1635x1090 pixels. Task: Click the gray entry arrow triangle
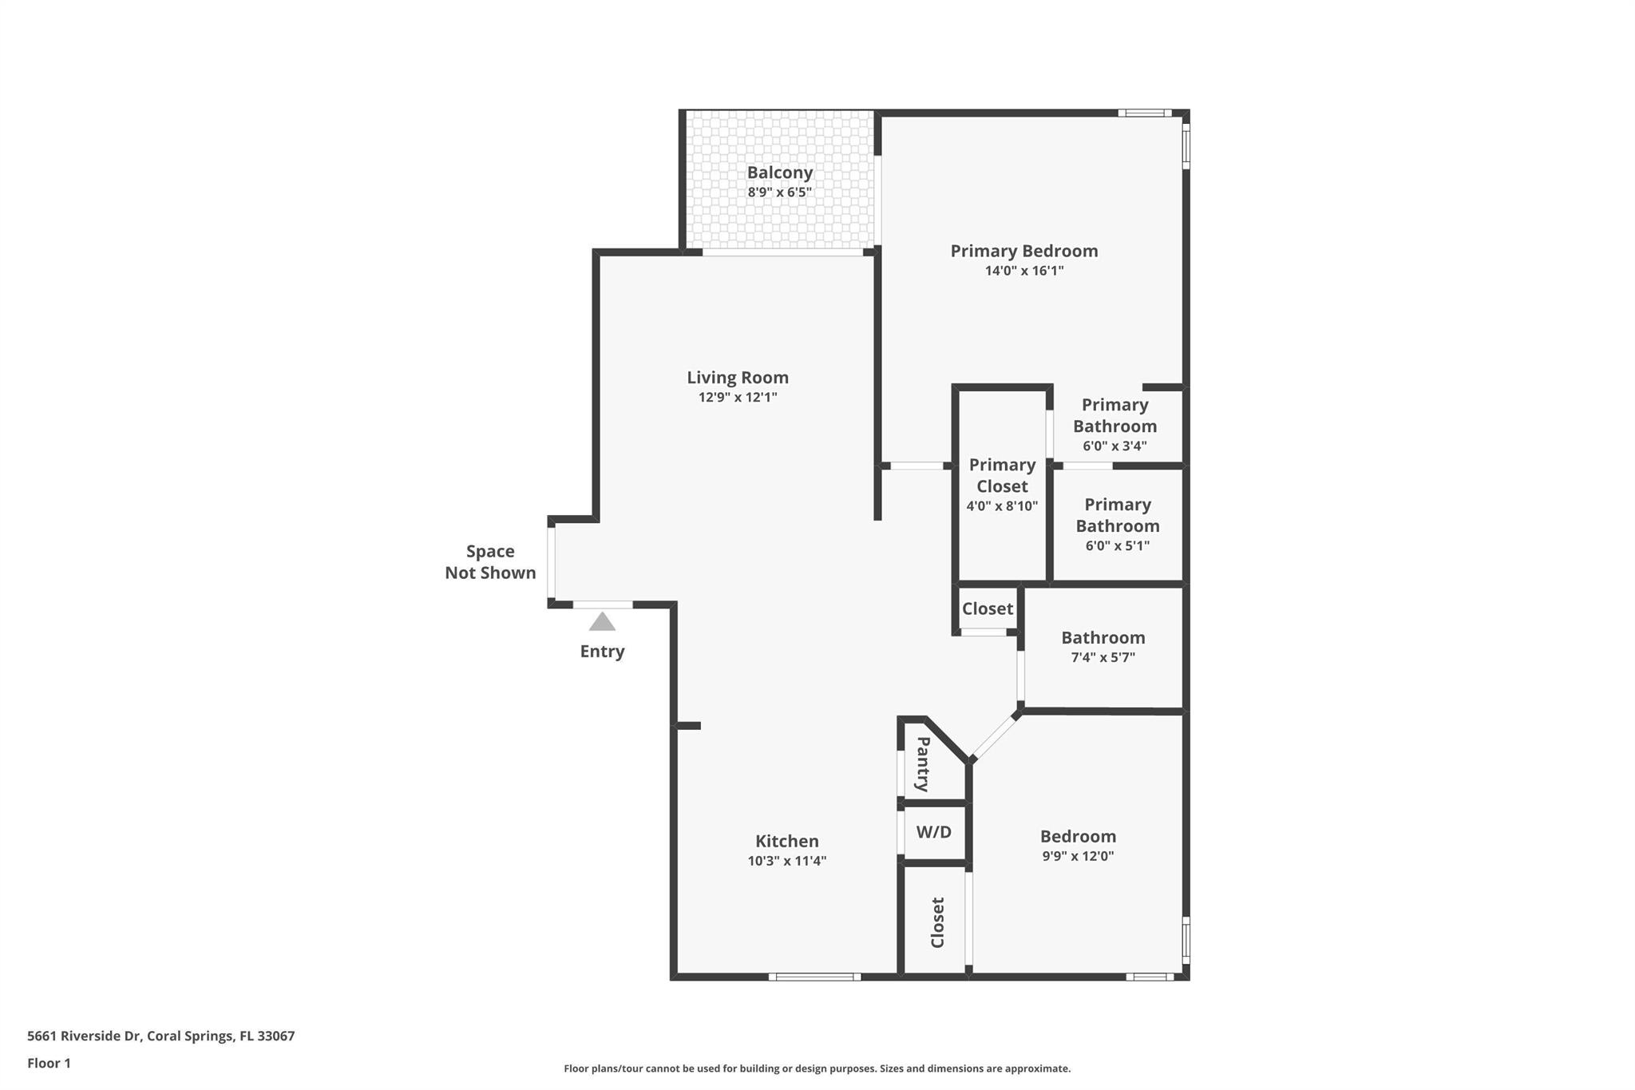tap(602, 621)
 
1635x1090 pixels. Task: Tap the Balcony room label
tap(780, 172)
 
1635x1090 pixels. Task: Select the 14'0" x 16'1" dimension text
tap(1024, 271)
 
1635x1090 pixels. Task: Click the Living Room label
tap(738, 378)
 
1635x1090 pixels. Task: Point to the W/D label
tap(933, 832)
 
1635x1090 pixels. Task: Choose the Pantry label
tap(923, 764)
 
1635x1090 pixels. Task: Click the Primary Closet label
tap(1002, 475)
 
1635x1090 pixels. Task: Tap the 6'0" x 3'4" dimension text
tap(1114, 446)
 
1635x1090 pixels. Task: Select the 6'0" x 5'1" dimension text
tap(1117, 545)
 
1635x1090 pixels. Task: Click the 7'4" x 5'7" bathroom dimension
tap(1103, 657)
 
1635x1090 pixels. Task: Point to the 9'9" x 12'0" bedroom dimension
tap(1078, 856)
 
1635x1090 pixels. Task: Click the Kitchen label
tap(787, 841)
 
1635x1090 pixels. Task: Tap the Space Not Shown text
tap(490, 562)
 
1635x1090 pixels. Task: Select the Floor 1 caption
tap(49, 1063)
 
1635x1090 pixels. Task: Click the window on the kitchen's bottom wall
tap(814, 977)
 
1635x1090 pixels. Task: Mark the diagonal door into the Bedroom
tap(995, 735)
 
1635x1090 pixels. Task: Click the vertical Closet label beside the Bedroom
tap(938, 922)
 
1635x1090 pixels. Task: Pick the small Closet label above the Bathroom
tap(988, 608)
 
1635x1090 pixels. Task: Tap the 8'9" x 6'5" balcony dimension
tap(780, 192)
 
